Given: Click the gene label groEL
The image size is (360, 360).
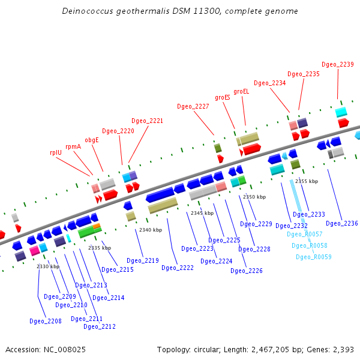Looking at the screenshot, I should tap(241, 91).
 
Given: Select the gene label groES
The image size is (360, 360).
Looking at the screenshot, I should tap(223, 97).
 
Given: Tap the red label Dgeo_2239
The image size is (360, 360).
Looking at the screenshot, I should tap(338, 64).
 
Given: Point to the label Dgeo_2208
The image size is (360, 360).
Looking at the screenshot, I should tap(46, 321).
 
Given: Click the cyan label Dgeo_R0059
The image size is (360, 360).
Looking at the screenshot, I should tap(314, 257).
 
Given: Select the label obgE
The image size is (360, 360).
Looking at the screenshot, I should tap(92, 140).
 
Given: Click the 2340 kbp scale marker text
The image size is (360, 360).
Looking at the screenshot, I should tap(151, 230).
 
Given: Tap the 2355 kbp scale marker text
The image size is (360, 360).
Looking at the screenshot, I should tap(307, 181).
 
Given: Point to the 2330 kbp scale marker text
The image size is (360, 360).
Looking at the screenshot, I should tap(48, 266).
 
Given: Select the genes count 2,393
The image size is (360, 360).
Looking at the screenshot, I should tap(343, 349).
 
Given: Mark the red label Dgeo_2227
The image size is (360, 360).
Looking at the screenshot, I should tap(193, 106).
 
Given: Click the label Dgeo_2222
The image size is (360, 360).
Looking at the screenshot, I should tap(178, 268).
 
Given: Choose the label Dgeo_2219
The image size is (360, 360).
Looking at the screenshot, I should tap(143, 260).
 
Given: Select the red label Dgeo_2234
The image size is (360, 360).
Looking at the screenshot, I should tap(270, 83).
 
